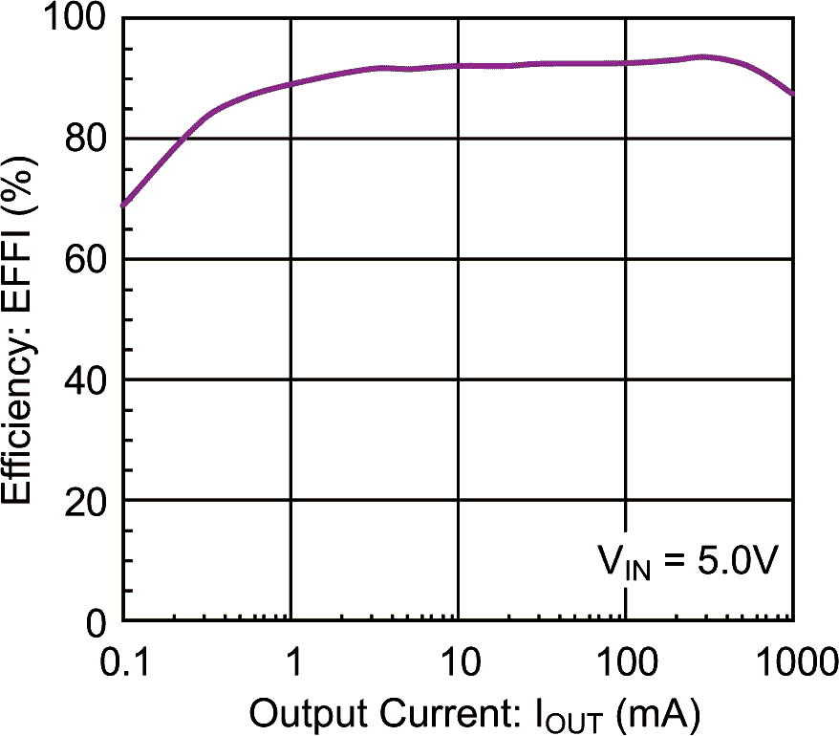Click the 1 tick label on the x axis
point(291,661)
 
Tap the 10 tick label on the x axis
point(459,661)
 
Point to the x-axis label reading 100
point(626,661)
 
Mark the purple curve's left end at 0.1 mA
point(124,205)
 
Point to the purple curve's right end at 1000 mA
point(792,93)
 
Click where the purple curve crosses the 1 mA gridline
point(291,83)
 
